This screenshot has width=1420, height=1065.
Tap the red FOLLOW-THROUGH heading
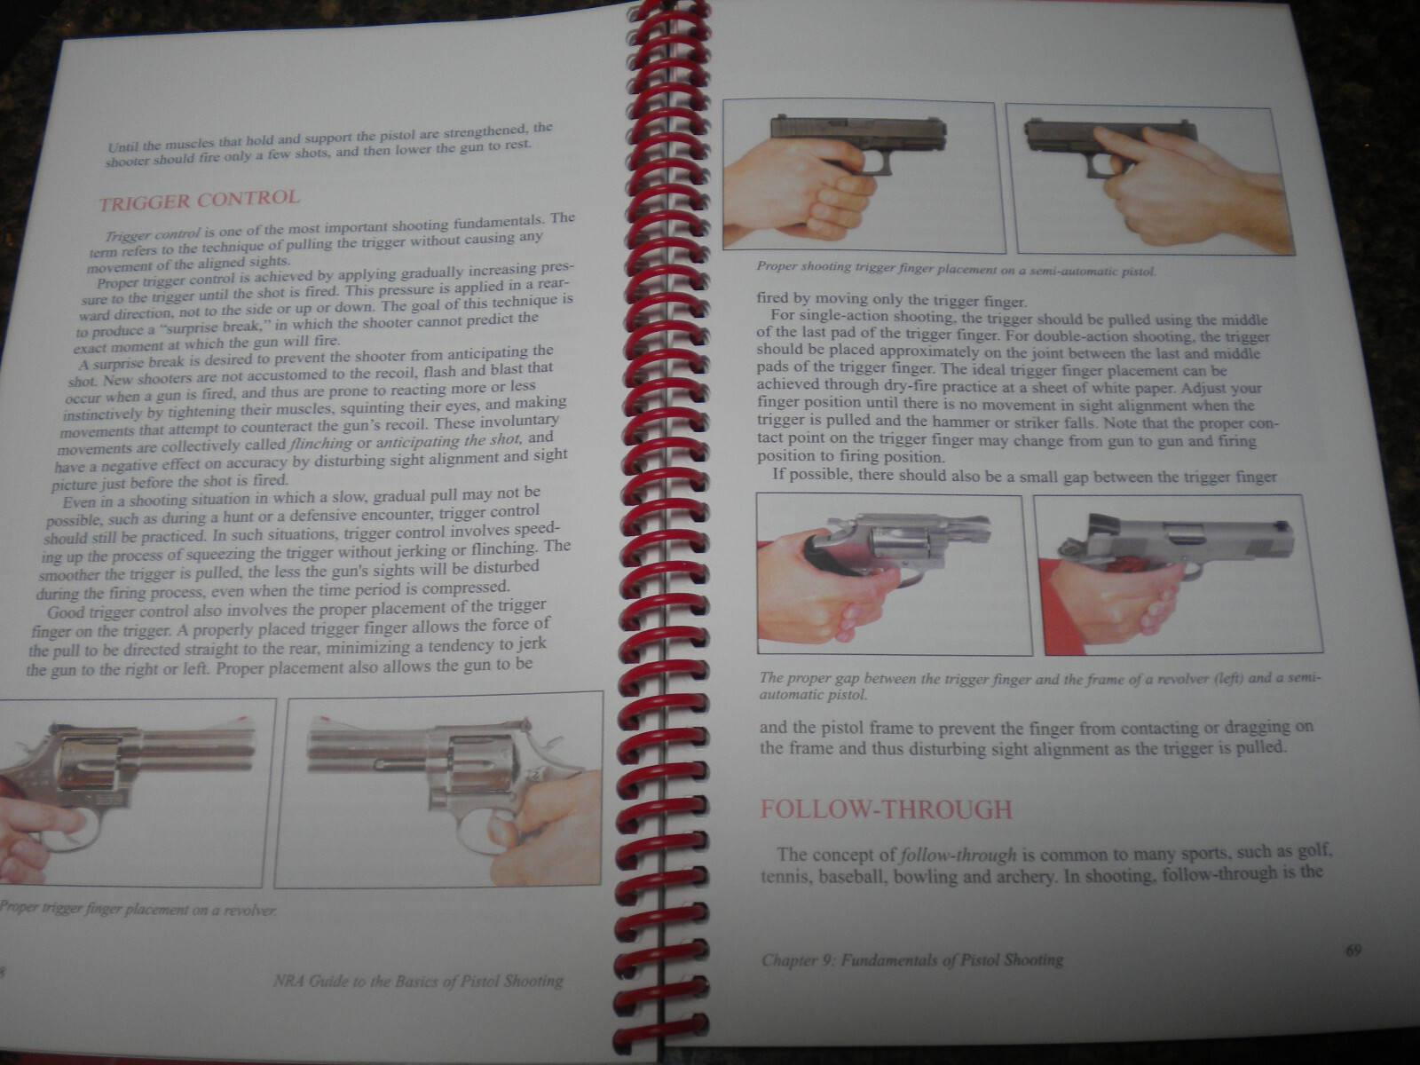[886, 809]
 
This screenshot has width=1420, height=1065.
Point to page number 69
[1353, 951]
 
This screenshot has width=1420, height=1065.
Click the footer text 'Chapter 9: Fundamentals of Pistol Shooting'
[912, 960]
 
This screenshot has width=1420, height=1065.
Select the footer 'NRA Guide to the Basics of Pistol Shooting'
[418, 981]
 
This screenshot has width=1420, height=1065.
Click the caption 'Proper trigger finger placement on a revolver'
[138, 909]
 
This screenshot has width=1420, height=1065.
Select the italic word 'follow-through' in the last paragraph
[958, 855]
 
